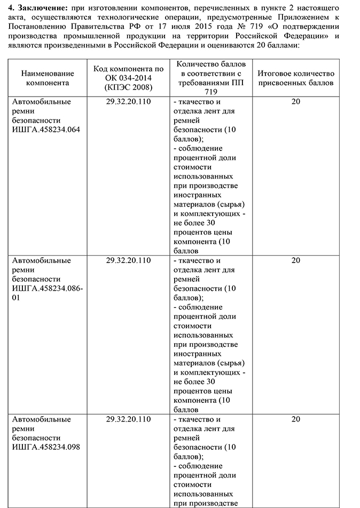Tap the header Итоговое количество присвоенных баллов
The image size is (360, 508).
coord(295,78)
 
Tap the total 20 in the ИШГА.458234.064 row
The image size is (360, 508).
coord(295,101)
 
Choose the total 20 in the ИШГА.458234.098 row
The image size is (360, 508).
coord(295,419)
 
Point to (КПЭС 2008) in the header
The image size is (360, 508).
coord(128,88)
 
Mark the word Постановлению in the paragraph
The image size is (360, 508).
coord(36,26)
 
